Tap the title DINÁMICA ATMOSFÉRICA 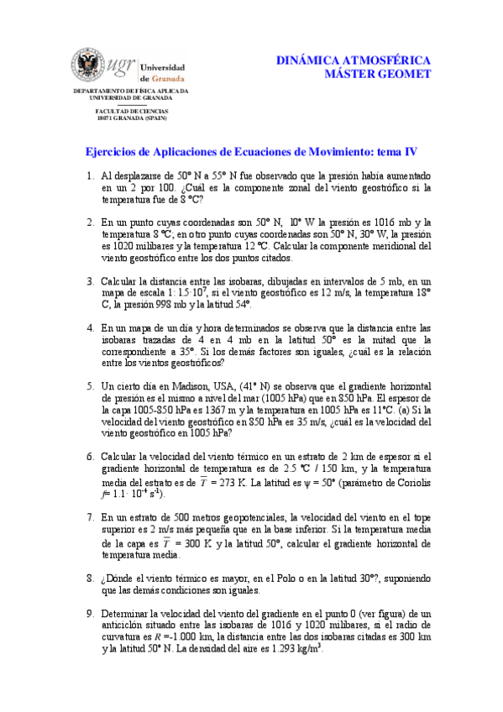[x=354, y=61]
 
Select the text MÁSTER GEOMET [x=378, y=75]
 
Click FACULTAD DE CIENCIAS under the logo [x=131, y=111]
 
